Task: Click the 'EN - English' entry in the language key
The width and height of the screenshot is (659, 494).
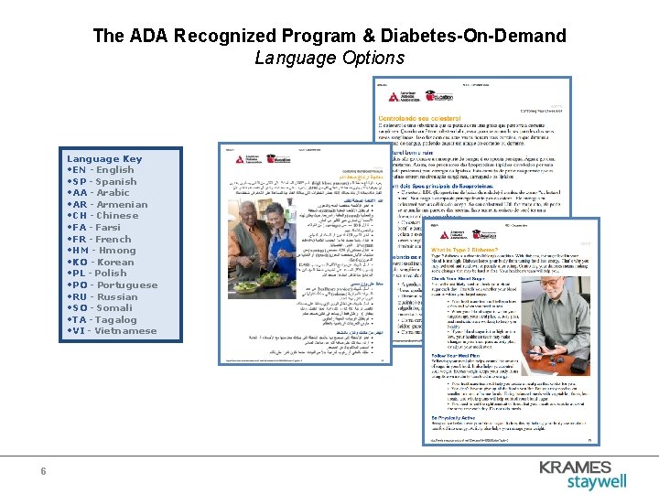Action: click(102, 170)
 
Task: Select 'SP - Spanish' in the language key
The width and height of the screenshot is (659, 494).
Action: click(103, 181)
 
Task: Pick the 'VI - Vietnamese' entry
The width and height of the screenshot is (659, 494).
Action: click(112, 331)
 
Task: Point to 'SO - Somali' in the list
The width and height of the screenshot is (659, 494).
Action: click(102, 308)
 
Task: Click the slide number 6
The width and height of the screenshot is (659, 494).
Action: click(43, 471)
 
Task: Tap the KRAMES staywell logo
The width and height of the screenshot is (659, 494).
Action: click(595, 474)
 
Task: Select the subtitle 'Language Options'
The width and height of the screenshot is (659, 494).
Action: click(329, 59)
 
